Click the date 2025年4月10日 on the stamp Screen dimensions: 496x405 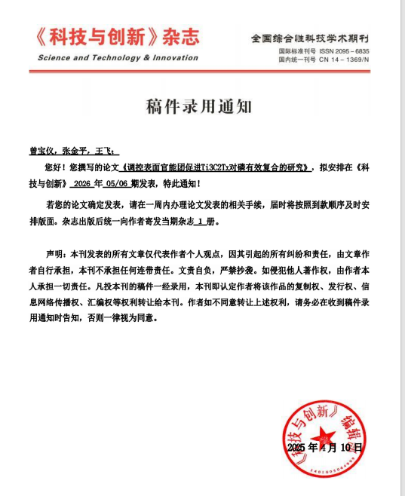[325, 447]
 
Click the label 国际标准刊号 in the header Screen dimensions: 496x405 [297, 51]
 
